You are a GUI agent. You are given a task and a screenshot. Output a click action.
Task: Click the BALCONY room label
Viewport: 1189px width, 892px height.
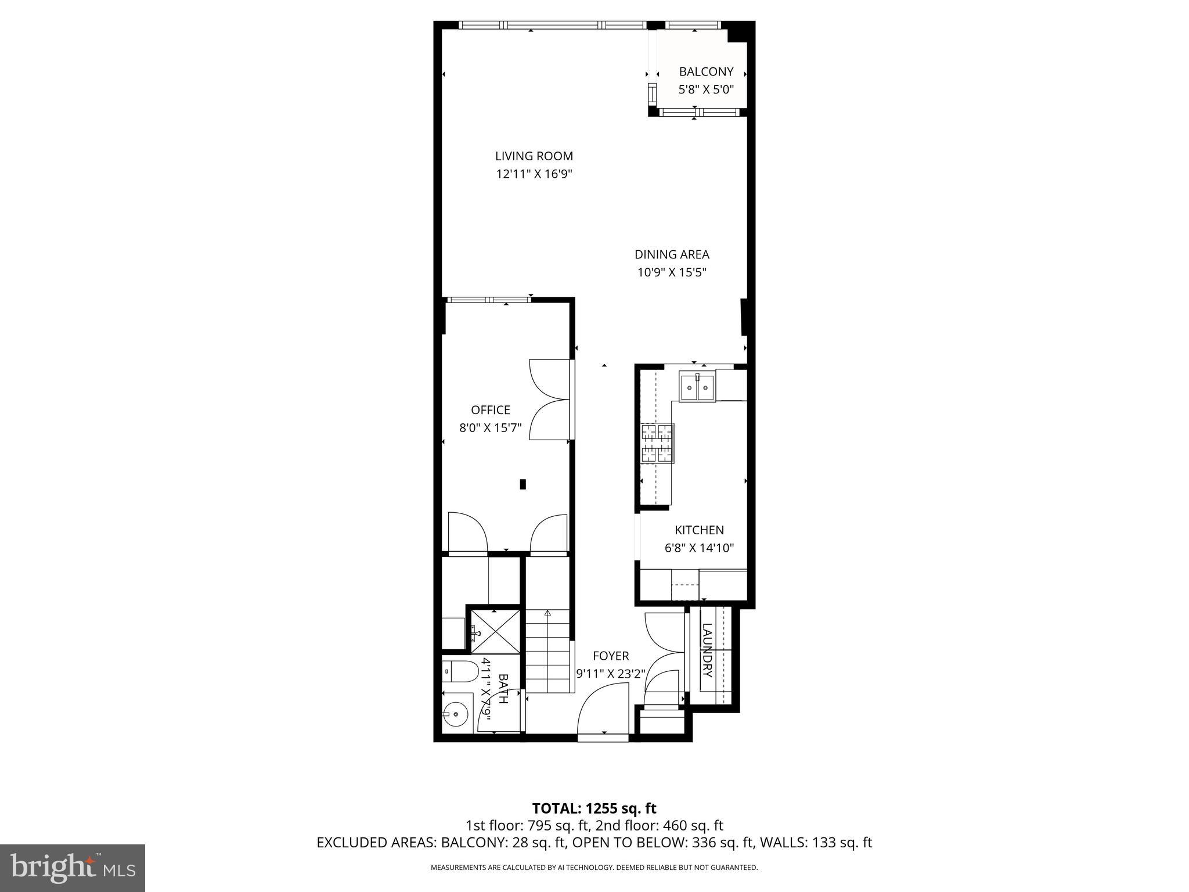(706, 71)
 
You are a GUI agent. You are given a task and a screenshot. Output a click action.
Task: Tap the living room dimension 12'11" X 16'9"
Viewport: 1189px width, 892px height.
(534, 174)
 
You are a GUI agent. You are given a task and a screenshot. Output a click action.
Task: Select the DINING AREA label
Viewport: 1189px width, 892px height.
(672, 254)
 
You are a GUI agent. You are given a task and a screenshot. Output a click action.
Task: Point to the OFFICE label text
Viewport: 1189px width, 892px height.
(491, 410)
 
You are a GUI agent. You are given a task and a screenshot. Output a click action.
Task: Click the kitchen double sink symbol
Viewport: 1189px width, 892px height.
(697, 387)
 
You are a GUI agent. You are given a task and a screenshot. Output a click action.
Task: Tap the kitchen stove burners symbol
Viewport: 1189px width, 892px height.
(657, 443)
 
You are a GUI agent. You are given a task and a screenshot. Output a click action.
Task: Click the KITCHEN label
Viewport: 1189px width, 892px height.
(699, 530)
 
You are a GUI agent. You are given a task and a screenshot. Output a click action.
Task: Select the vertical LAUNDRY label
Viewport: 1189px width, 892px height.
(707, 650)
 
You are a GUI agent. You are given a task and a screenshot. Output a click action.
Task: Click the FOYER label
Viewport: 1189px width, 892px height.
(611, 656)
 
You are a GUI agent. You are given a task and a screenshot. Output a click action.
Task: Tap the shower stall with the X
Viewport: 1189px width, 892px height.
(495, 631)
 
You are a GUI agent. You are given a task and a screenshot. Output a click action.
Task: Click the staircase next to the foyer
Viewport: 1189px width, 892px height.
(548, 650)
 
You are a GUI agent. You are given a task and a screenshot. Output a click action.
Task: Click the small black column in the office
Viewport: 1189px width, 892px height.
(523, 484)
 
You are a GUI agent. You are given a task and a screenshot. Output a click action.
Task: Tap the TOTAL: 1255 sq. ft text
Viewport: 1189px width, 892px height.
(594, 808)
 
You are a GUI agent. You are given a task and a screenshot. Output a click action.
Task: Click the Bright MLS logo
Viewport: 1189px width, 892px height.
(73, 868)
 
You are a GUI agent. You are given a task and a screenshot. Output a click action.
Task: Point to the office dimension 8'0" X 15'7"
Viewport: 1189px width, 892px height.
(491, 429)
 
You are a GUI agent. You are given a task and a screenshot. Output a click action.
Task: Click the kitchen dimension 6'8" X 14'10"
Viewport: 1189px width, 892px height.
(699, 548)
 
